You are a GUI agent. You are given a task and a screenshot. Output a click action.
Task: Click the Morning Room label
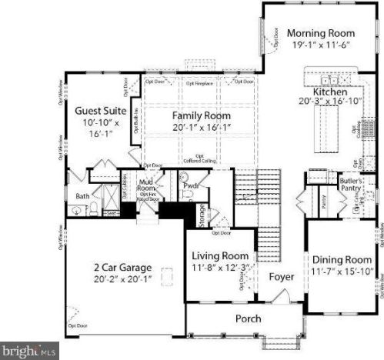point(321,33)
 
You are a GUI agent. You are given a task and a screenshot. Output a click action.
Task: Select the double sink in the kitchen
point(331,78)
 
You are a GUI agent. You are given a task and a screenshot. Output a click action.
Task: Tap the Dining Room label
point(342,260)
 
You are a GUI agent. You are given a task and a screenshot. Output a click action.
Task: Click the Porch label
point(247,318)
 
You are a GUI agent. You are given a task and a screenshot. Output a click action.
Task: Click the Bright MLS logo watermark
point(28,352)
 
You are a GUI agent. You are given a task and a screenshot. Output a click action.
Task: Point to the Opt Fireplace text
point(199,81)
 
